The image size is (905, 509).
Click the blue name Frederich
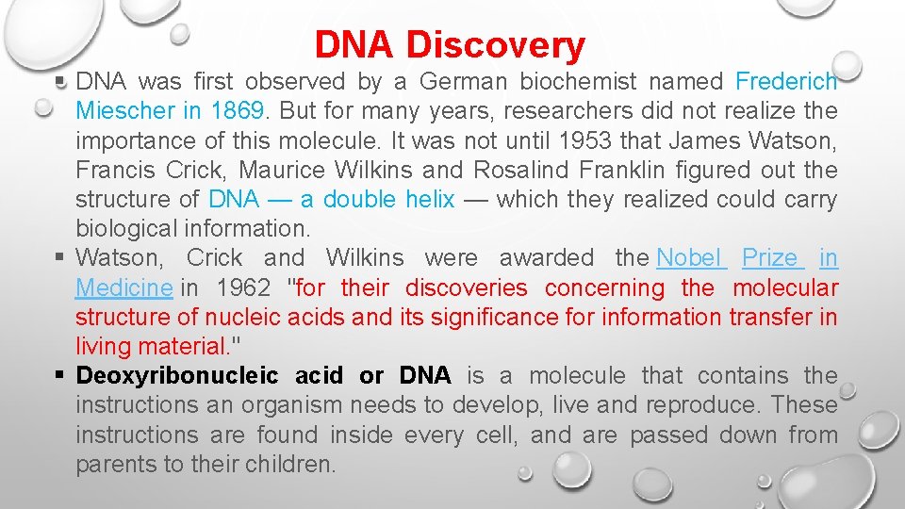click(786, 82)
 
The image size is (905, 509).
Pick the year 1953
click(591, 140)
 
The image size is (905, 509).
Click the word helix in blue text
click(430, 199)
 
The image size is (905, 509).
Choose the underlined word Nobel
click(689, 257)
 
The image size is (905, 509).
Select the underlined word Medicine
click(123, 287)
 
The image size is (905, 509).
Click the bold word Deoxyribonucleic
click(177, 375)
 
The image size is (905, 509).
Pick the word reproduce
click(681, 404)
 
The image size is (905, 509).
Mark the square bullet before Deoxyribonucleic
click(59, 376)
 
